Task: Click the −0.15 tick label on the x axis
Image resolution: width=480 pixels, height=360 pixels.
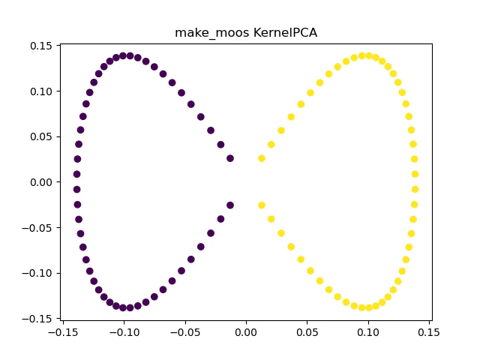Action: tap(63, 332)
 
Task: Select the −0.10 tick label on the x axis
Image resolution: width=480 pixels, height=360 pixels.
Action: tap(124, 332)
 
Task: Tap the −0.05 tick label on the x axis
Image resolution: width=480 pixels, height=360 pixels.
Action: tap(184, 332)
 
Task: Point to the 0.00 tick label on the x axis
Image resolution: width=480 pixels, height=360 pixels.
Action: tap(246, 332)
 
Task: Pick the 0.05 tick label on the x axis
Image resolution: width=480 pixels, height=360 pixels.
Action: tap(307, 332)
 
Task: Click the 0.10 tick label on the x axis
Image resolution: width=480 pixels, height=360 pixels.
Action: tap(367, 332)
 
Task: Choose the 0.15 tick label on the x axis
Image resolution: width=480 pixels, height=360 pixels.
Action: tap(429, 332)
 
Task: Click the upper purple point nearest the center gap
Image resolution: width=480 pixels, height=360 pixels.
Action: tap(230, 158)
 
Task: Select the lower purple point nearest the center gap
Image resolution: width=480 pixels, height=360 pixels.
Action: tap(230, 205)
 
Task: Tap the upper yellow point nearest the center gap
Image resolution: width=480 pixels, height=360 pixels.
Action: tap(262, 158)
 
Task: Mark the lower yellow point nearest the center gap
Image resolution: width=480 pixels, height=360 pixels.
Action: tap(262, 205)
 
